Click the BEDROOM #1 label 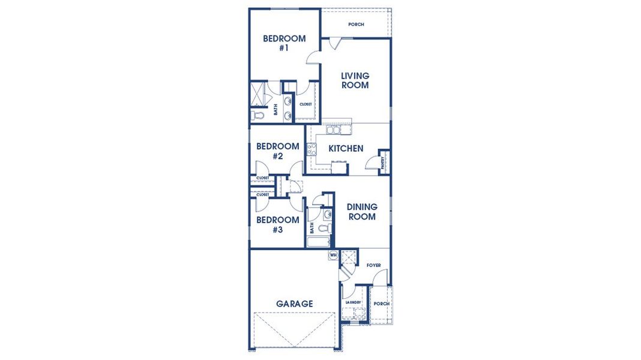point(284,43)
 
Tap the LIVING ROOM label point(355,80)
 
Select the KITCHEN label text point(346,148)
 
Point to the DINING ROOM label point(361,212)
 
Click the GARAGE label point(294,304)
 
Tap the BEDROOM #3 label point(277,224)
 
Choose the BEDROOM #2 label point(277,151)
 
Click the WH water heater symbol point(333,255)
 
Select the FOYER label point(374,265)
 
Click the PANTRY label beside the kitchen point(384,163)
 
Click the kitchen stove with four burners point(311,149)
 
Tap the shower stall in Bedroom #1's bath point(258,94)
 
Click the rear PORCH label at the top point(357,25)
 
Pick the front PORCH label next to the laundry point(381,304)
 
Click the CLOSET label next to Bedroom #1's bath point(305,104)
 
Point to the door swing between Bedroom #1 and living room point(313,57)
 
